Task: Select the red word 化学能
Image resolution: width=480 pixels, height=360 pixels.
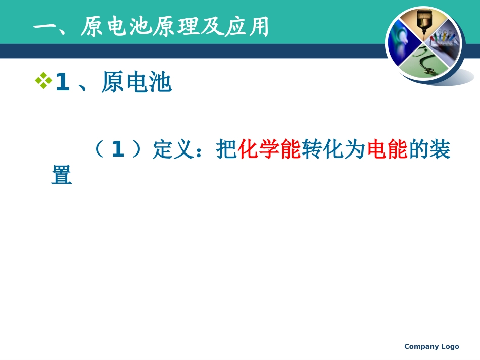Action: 269,150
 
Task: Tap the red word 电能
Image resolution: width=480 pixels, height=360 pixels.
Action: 387,150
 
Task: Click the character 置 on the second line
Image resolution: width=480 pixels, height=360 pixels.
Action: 62,176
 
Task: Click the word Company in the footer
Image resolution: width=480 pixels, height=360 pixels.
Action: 421,346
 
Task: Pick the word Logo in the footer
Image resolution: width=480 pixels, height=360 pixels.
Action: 450,346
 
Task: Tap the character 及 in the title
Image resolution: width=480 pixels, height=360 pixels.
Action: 217,28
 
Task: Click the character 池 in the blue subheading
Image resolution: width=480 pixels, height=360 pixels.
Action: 160,83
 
